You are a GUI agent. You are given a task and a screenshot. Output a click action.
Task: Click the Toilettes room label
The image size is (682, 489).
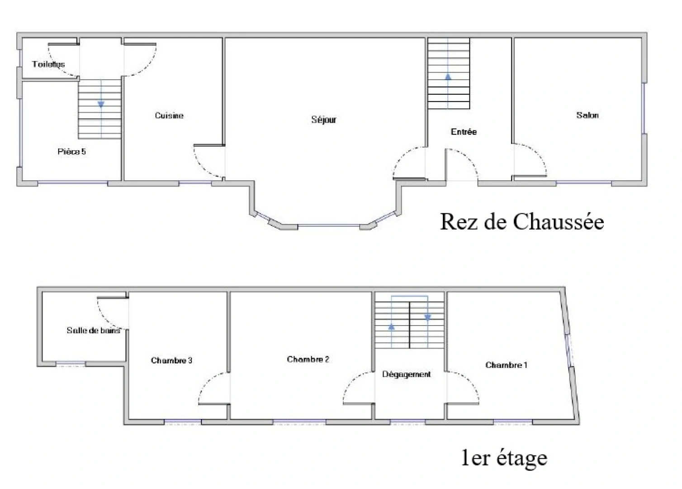(48, 64)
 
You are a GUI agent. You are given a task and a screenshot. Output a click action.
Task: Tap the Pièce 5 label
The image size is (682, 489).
(71, 152)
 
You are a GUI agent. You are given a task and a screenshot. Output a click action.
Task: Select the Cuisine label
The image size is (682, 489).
(169, 115)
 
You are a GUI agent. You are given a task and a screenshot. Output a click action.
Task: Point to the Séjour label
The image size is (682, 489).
(324, 120)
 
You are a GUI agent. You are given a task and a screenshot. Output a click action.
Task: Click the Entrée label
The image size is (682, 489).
(464, 132)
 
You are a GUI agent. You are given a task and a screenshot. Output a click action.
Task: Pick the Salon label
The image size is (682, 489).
(587, 115)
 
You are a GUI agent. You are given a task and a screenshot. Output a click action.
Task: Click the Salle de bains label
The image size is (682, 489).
(94, 331)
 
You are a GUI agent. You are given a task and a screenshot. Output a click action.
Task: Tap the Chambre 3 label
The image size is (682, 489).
(171, 360)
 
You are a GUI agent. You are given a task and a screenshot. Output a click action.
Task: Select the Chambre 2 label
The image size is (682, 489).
(308, 360)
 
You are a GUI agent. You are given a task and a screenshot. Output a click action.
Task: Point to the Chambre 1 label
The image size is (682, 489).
(506, 365)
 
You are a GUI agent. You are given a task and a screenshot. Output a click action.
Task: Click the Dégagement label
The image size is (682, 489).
(406, 374)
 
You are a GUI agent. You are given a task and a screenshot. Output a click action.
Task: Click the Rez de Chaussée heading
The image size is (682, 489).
(522, 222)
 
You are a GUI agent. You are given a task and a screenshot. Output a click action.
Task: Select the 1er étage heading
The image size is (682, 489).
(504, 458)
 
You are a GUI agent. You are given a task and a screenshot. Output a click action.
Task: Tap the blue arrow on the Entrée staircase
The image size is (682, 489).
(448, 77)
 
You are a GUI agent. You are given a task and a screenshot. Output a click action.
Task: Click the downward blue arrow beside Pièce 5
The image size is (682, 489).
(101, 104)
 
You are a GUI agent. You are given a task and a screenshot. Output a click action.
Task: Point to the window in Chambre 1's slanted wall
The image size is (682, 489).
(569, 350)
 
